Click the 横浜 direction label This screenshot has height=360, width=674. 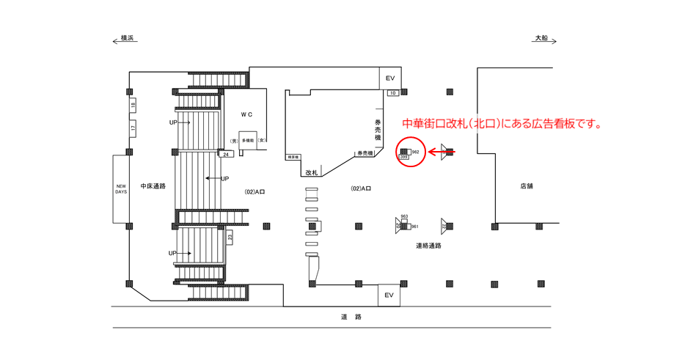(x=127, y=37)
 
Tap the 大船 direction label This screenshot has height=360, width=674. (x=541, y=37)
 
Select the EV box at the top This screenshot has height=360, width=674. (x=390, y=78)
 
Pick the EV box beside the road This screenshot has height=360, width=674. (x=389, y=295)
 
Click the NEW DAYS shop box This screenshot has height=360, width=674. (x=121, y=189)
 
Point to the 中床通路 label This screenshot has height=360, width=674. (x=153, y=186)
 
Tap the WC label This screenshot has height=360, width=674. (x=246, y=115)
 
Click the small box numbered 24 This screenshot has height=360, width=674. (x=227, y=154)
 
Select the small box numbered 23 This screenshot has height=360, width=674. (x=230, y=237)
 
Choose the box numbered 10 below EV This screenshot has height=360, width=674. (x=392, y=93)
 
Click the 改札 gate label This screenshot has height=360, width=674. (x=312, y=172)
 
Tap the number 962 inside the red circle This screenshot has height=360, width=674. (x=415, y=151)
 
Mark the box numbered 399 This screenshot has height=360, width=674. (x=403, y=157)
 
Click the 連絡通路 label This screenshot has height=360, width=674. (x=429, y=246)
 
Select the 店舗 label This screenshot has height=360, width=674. (x=527, y=186)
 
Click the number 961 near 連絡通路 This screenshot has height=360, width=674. (x=414, y=227)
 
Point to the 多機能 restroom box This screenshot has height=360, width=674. (x=247, y=140)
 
